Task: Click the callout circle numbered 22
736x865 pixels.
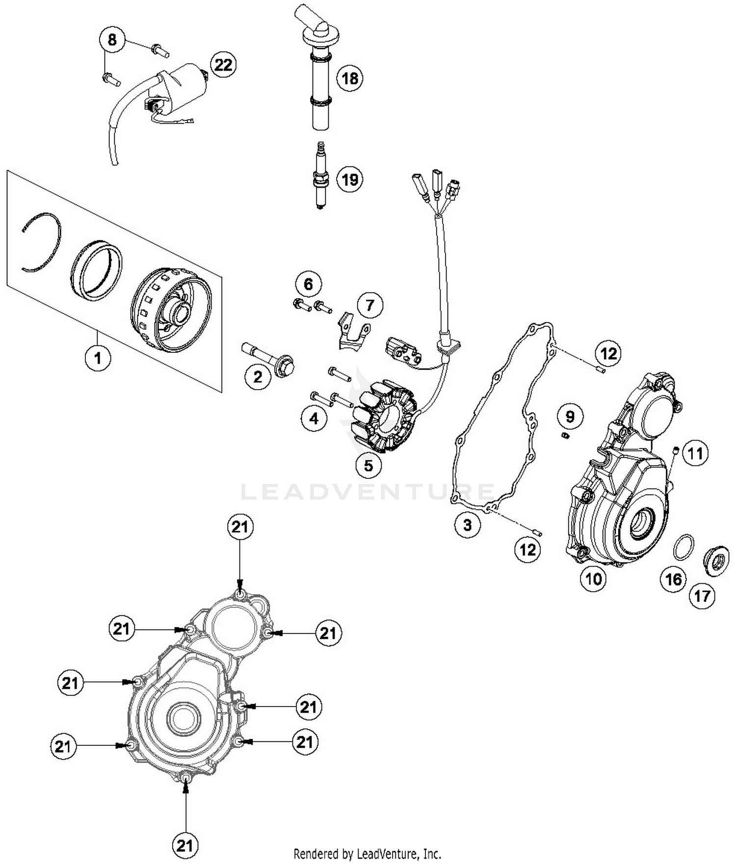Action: (223, 64)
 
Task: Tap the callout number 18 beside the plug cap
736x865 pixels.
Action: (350, 78)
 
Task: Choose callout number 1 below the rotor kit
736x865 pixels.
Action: (98, 358)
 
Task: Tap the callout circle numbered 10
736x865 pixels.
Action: (593, 579)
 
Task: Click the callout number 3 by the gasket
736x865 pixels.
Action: (467, 525)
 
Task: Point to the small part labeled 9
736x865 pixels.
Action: (565, 435)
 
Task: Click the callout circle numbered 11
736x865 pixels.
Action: (695, 454)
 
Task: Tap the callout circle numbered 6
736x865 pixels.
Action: (308, 284)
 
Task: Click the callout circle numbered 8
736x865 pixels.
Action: (112, 39)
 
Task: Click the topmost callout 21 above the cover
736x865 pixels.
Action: (240, 527)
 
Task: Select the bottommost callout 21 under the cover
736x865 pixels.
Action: (184, 845)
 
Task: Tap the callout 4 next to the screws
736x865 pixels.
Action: (314, 419)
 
